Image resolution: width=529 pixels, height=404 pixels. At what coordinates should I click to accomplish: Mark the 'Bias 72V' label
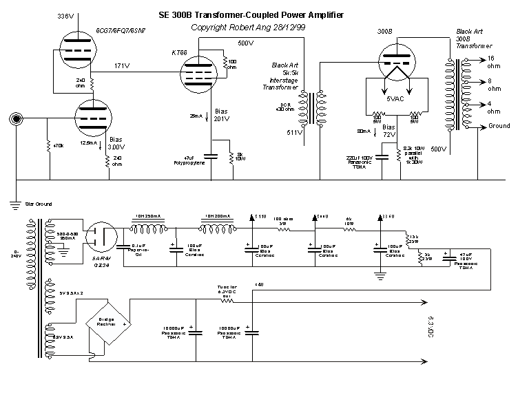coord(389,131)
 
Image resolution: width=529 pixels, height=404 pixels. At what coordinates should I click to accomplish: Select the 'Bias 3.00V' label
coord(118,143)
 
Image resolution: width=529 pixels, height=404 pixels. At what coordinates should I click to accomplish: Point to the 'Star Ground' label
coord(39,204)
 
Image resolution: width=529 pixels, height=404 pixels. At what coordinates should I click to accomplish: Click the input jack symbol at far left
coord(14,119)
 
